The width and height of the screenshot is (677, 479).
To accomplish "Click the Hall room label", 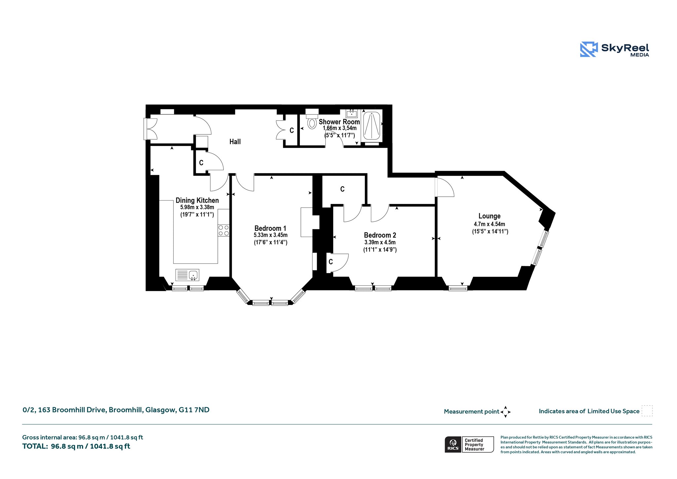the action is (x=235, y=142).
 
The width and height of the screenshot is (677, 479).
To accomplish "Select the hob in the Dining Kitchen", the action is (x=223, y=230).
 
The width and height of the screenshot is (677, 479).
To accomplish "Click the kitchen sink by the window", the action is (x=187, y=275).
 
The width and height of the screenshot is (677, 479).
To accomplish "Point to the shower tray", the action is (x=372, y=126).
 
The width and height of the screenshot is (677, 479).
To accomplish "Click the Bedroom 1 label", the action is (x=270, y=228).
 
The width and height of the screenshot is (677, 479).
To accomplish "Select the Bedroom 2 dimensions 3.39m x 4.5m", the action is (x=380, y=242).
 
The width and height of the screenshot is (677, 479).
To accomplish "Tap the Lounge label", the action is (x=490, y=216).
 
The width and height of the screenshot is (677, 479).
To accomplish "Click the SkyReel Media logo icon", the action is (x=589, y=49).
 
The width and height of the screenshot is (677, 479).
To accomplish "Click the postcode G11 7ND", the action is (x=194, y=410).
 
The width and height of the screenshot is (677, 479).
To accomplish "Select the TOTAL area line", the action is (x=76, y=446).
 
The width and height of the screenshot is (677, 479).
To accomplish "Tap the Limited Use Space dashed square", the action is (x=647, y=411).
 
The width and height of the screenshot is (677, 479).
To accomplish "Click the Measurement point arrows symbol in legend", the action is (x=505, y=412).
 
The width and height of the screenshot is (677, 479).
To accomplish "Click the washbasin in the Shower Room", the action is (x=351, y=114).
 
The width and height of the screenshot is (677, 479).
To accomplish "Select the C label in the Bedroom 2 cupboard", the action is (x=331, y=262).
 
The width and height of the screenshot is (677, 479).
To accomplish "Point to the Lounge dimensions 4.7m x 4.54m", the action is (x=490, y=224).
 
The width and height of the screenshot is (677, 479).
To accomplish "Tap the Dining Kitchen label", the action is (x=197, y=200).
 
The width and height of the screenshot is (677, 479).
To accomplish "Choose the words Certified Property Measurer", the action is (x=474, y=445).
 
